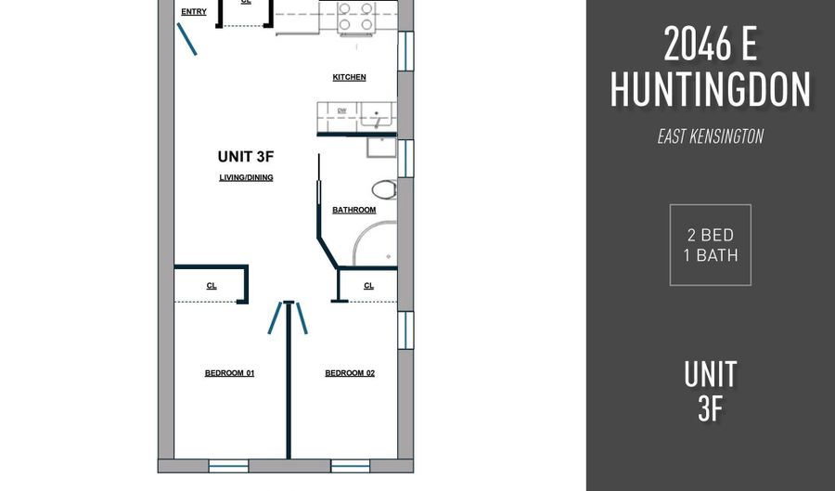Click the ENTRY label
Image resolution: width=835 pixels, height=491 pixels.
click(x=194, y=12)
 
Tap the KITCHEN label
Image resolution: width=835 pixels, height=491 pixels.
click(x=350, y=77)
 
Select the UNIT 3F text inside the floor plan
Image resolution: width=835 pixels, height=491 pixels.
click(x=246, y=157)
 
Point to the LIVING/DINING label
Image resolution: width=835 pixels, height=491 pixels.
click(x=246, y=177)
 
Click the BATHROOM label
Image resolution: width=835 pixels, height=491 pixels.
click(x=354, y=210)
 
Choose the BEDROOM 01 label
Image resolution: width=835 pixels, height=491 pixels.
click(x=229, y=373)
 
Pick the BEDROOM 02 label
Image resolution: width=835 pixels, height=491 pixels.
click(x=350, y=373)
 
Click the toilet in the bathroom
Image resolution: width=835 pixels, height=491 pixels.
click(x=384, y=189)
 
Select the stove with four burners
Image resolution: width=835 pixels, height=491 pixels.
click(x=355, y=17)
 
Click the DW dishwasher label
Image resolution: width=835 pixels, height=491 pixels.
click(x=341, y=110)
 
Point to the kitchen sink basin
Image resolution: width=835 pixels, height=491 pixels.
click(x=377, y=114)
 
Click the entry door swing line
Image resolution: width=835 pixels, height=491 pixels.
click(x=186, y=39)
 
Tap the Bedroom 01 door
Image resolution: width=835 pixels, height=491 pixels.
click(x=275, y=318)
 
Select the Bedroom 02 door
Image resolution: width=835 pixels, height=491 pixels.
click(x=302, y=318)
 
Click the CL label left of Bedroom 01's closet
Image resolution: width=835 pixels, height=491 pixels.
click(x=212, y=286)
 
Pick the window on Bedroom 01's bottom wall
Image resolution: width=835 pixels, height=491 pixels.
click(x=228, y=466)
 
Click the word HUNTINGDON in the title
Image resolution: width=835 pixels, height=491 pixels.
click(x=711, y=90)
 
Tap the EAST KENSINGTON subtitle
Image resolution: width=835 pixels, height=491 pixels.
click(x=711, y=136)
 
